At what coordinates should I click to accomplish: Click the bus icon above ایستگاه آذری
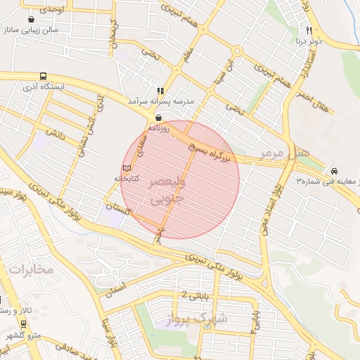[x=44, y=77]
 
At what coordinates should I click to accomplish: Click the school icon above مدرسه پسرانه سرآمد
[x=161, y=91]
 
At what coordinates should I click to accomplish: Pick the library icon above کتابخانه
[x=127, y=169]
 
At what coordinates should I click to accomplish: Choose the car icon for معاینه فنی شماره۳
[x=334, y=171]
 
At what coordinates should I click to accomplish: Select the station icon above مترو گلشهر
[x=25, y=323]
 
